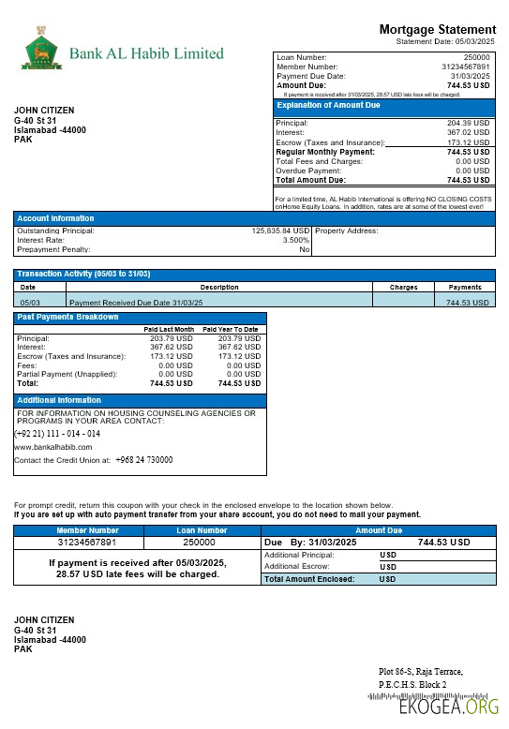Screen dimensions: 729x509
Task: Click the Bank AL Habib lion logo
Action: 40,49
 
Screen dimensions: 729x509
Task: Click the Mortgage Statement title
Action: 437,30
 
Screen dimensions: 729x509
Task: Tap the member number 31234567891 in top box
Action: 466,67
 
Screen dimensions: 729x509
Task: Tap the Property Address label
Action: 347,231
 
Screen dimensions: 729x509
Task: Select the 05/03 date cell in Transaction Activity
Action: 29,303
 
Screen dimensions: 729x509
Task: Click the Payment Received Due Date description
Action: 136,303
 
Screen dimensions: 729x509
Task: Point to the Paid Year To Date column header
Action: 230,330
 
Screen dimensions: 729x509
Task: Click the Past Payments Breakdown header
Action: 68,317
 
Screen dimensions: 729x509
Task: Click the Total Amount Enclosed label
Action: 309,579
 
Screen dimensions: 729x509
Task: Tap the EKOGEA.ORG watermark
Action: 449,707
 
